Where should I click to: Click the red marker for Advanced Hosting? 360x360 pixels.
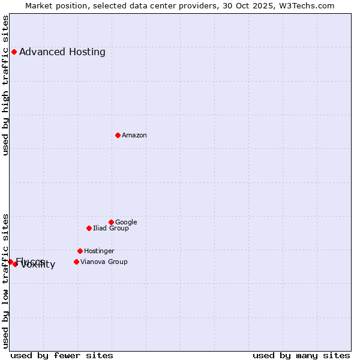coord(14,52)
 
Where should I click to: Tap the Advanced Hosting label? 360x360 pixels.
coord(62,52)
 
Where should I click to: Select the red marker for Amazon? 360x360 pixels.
coord(118,135)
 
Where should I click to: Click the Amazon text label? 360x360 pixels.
coord(134,135)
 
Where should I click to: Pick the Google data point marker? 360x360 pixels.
coord(111,222)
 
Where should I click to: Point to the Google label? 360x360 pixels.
coord(126,222)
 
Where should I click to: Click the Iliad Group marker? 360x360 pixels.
coord(89,228)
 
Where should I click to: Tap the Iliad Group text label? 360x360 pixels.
coord(111,228)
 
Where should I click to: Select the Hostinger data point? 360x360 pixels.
coord(80,251)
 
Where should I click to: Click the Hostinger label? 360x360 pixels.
coord(99,251)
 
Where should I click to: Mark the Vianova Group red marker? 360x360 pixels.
coord(76,262)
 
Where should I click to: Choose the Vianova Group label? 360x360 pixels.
coord(104,262)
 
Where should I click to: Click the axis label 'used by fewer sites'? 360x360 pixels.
coord(62,355)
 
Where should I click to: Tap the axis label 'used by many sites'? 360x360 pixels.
coord(301,355)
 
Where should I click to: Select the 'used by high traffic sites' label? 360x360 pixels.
coord(6,85)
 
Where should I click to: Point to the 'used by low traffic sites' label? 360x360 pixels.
coord(6,281)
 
